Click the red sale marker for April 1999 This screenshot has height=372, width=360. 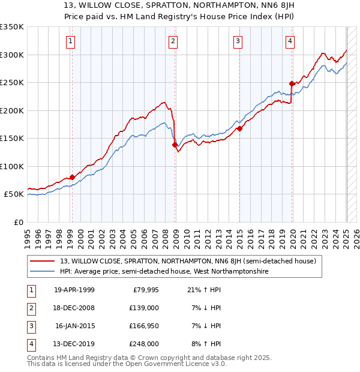tap(72, 177)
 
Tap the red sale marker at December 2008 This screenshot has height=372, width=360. tap(175, 145)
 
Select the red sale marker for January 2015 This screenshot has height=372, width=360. tap(239, 128)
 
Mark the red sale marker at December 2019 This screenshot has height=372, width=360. tap(292, 83)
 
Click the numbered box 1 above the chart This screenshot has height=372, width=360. tap(71, 41)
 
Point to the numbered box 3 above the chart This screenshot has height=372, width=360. tap(238, 41)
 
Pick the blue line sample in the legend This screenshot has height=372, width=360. tap(44, 271)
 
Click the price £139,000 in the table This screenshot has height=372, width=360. tap(145, 308)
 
